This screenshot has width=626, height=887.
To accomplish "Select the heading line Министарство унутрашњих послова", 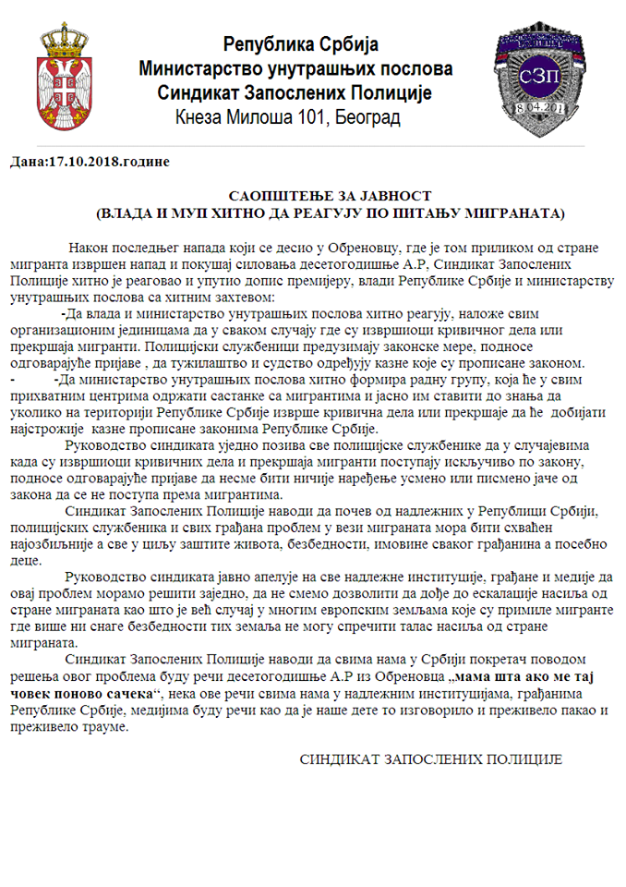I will coord(295,69).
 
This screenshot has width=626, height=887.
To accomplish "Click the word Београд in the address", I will coord(367,117).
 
